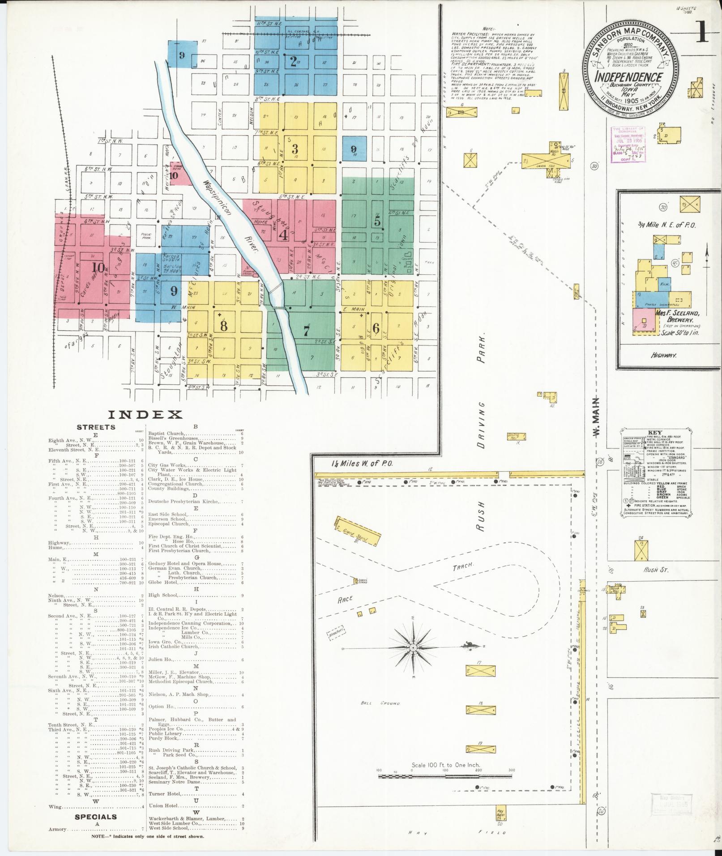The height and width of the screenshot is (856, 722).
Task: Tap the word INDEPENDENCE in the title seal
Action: tap(628, 77)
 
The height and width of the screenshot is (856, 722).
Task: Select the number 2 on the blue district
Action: tap(293, 61)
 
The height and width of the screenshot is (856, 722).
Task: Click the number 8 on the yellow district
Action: tap(223, 325)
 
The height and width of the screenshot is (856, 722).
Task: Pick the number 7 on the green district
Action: tap(306, 332)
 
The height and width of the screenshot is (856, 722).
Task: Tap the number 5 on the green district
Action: tap(377, 221)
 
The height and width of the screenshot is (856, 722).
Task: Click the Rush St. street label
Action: tap(656, 570)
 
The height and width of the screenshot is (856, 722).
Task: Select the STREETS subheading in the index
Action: tap(96, 426)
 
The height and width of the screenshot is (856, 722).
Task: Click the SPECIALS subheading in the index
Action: tap(96, 817)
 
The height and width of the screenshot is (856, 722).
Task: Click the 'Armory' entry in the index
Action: tap(58, 829)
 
